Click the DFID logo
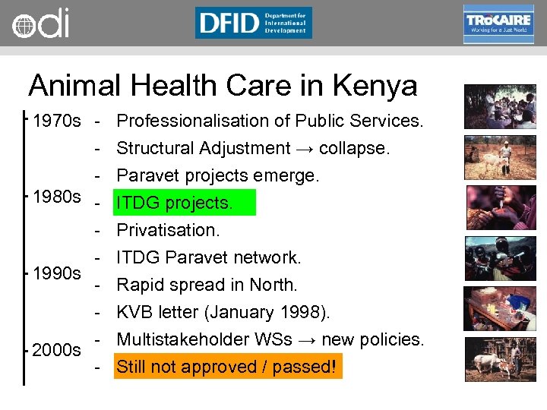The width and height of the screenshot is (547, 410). point(253,23)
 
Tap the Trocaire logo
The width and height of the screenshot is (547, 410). point(498,24)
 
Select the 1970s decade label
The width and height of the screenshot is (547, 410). point(57,121)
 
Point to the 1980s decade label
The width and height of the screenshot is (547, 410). point(57,197)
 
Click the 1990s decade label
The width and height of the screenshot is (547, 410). point(57,273)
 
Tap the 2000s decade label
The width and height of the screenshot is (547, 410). point(57,350)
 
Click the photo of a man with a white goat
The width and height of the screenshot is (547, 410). point(500,157)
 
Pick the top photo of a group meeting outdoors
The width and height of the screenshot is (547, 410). point(500,106)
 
